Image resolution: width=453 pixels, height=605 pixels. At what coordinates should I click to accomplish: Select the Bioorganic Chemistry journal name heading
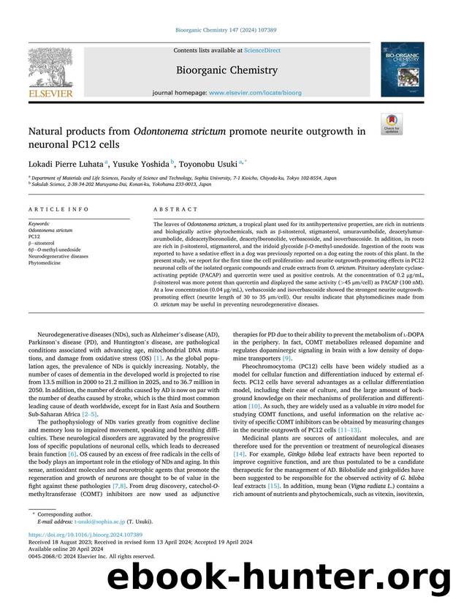[x=226, y=70]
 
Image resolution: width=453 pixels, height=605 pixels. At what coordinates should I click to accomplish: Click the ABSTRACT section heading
[x=170, y=208]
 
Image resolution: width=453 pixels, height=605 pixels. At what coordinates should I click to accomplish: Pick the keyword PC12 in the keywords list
[x=34, y=237]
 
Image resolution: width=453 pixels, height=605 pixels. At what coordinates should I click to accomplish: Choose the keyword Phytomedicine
[x=46, y=263]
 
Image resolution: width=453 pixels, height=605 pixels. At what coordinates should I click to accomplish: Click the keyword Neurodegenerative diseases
[x=58, y=257]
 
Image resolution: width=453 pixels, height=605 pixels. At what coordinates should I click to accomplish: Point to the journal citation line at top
[x=226, y=31]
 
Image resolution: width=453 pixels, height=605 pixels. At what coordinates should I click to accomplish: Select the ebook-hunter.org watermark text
[x=278, y=578]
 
